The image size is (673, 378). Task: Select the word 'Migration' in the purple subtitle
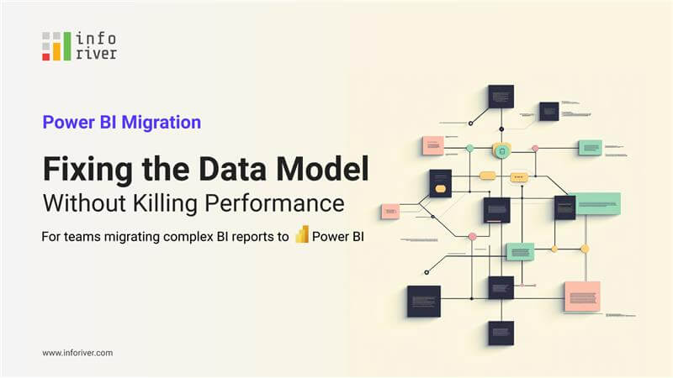(162, 122)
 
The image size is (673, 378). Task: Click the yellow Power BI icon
(302, 235)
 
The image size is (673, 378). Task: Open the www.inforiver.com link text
(77, 353)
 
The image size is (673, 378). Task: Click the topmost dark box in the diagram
(501, 96)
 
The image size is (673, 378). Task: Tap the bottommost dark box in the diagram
(501, 333)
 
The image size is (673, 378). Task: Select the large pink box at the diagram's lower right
(581, 296)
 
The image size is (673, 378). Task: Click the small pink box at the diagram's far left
(389, 212)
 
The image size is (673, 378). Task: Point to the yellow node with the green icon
(501, 151)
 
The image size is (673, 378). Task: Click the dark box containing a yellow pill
(440, 183)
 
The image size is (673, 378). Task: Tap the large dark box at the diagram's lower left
(423, 301)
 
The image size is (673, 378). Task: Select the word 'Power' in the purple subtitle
(68, 122)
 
